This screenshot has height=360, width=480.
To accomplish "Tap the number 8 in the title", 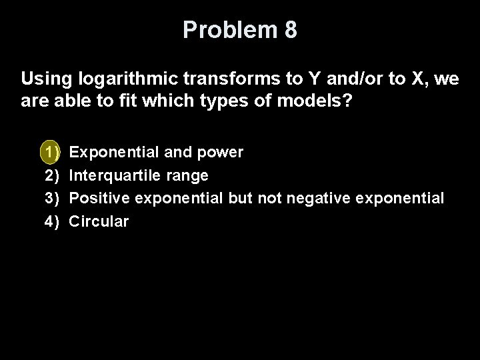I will (x=290, y=31).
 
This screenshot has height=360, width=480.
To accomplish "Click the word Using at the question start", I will (x=43, y=81).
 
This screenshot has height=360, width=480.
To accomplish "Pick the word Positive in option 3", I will (x=98, y=198).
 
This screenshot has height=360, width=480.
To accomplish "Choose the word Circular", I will (x=99, y=221).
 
